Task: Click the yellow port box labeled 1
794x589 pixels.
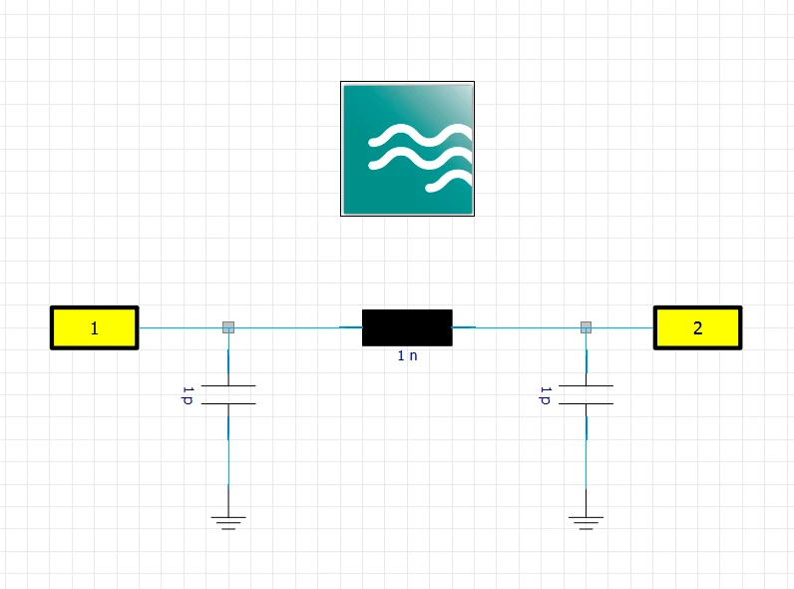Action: (x=94, y=328)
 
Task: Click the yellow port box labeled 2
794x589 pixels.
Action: (x=698, y=328)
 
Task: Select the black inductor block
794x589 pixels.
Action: (x=407, y=327)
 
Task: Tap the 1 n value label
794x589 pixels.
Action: (x=407, y=355)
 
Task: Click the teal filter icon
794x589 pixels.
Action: (x=408, y=149)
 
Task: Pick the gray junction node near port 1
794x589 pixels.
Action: (x=228, y=327)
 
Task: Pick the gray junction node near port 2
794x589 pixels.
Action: (x=586, y=327)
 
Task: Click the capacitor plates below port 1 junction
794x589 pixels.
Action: (x=228, y=395)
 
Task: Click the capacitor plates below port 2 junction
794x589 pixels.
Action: (x=586, y=395)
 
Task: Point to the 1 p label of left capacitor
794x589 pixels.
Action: (x=188, y=395)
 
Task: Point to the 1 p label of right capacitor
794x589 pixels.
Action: (x=545, y=395)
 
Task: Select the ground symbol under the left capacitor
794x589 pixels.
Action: (x=228, y=522)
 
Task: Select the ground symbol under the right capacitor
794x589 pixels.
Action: (x=586, y=522)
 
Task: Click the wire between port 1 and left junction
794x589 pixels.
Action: (x=181, y=328)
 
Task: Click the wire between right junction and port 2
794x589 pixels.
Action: (x=622, y=328)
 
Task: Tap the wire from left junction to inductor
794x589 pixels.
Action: (x=298, y=328)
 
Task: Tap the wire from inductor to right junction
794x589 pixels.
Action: (x=517, y=328)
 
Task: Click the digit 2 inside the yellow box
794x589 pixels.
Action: (x=698, y=328)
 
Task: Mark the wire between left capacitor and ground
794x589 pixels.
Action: (x=228, y=460)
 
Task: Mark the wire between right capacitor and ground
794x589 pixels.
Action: (x=586, y=460)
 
